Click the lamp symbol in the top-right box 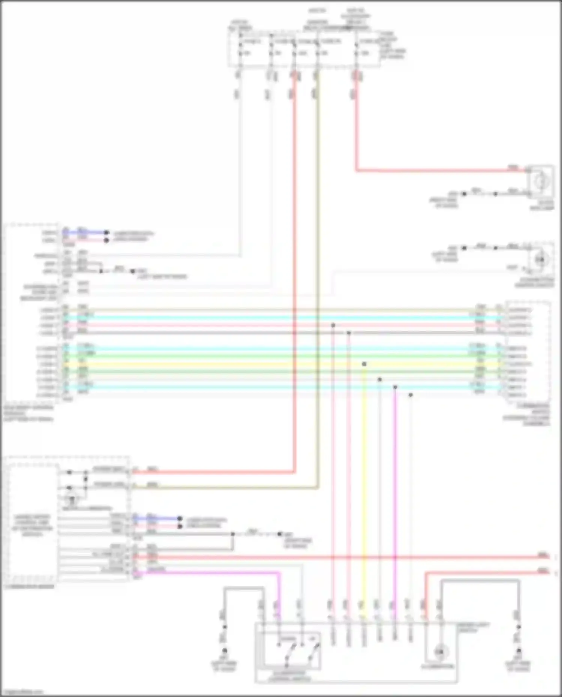pyautogui.click(x=541, y=182)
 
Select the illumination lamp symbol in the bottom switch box pyautogui.click(x=439, y=652)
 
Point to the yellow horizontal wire pyautogui.click(x=262, y=364)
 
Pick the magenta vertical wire pyautogui.click(x=395, y=487)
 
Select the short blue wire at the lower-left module pyautogui.click(x=157, y=519)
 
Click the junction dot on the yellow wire pyautogui.click(x=364, y=364)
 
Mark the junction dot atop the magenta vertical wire pyautogui.click(x=395, y=387)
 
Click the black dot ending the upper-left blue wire pyautogui.click(x=106, y=233)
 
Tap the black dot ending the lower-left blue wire pyautogui.click(x=180, y=519)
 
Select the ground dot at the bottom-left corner pyautogui.click(x=225, y=651)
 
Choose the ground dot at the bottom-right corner pyautogui.click(x=519, y=651)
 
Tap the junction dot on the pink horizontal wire pyautogui.click(x=333, y=325)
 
